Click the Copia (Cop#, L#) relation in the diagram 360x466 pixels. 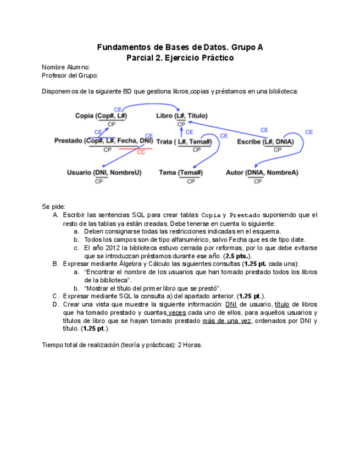(x=101, y=116)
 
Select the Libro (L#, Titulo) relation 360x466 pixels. (x=182, y=116)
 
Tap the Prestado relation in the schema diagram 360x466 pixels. (x=103, y=141)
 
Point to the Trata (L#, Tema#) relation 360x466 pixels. (x=184, y=142)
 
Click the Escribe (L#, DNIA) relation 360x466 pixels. (x=265, y=142)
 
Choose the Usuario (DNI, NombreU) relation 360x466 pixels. (x=104, y=173)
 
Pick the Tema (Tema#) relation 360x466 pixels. (x=181, y=173)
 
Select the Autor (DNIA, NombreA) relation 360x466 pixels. (x=262, y=173)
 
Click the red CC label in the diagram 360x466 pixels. (x=141, y=152)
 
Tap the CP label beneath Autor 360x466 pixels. (x=258, y=181)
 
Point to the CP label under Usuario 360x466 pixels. (x=99, y=181)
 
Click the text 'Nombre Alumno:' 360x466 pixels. (x=66, y=67)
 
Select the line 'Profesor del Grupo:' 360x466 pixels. (x=70, y=75)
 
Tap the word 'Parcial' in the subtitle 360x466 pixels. (x=140, y=58)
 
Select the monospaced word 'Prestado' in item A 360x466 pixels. (x=246, y=215)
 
